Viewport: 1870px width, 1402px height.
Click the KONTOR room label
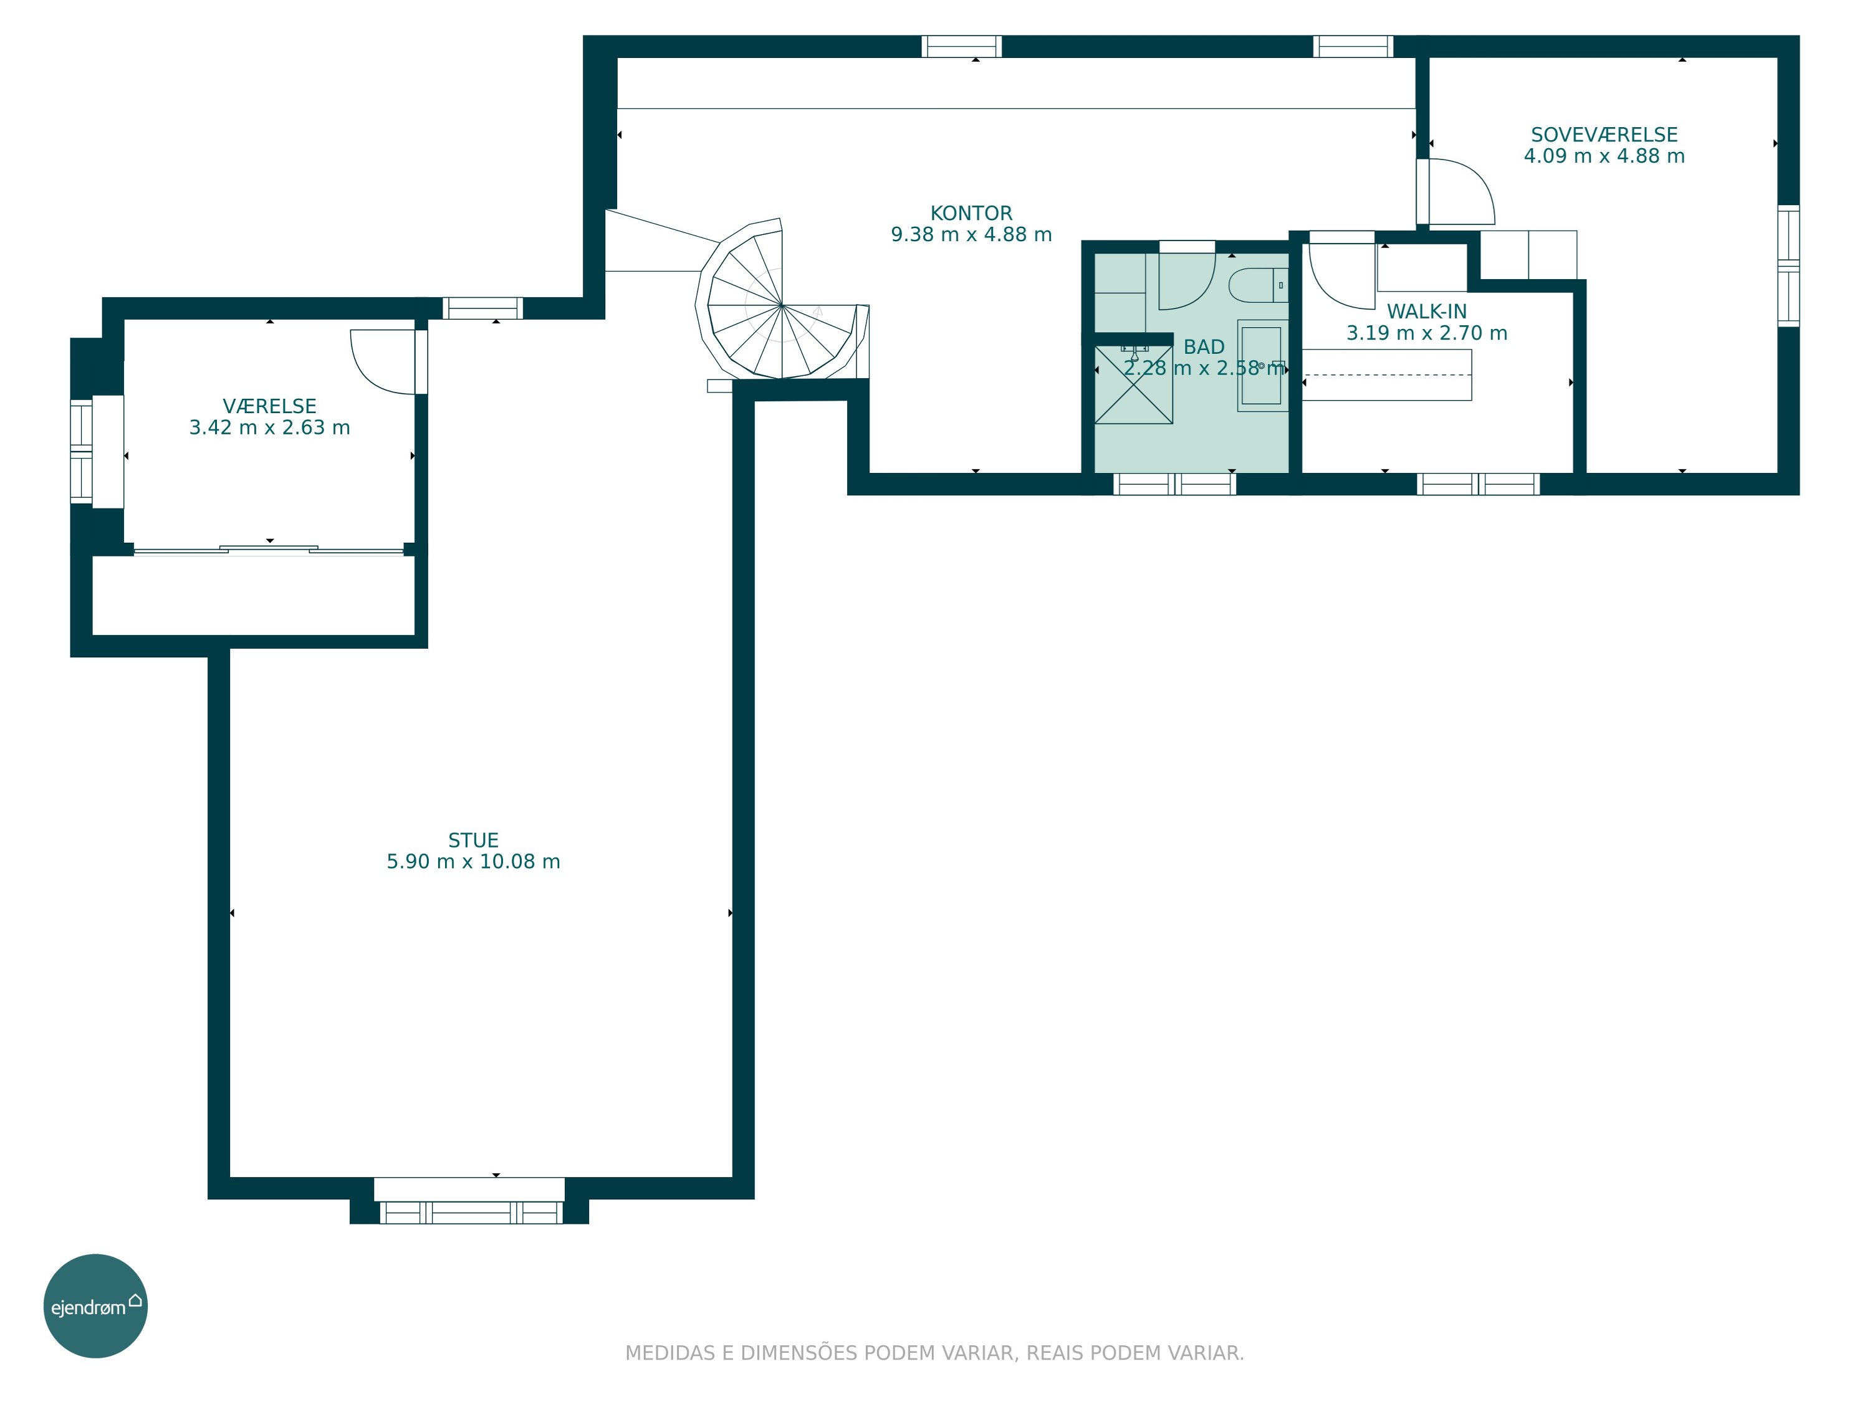coord(971,213)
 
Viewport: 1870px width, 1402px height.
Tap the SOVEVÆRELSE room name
coord(1604,135)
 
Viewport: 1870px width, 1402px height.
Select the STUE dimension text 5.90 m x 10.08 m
coord(473,861)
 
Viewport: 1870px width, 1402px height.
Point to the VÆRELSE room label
coord(270,406)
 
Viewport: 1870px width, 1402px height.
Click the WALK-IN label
coord(1426,311)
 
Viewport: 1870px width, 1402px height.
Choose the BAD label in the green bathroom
coord(1204,346)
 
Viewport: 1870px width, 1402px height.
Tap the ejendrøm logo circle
coord(95,1305)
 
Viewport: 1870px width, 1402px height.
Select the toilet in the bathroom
coord(1258,285)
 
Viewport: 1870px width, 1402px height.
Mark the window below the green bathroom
coord(1174,484)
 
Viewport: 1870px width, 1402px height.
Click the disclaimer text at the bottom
coord(934,1353)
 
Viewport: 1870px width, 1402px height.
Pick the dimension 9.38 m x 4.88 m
coord(971,234)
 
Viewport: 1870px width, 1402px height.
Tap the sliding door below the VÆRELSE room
coord(269,550)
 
